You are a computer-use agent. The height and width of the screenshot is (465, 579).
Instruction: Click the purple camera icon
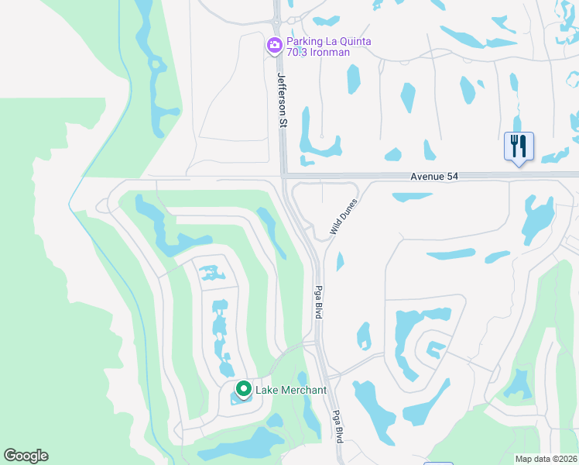(x=274, y=46)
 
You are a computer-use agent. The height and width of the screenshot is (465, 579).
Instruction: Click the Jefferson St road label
(x=281, y=96)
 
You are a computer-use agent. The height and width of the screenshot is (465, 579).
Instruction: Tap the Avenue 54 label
(x=434, y=177)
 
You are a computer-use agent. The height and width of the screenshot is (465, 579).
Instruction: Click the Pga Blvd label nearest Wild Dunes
(x=317, y=302)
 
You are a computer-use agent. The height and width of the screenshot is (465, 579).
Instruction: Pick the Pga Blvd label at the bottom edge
(x=337, y=426)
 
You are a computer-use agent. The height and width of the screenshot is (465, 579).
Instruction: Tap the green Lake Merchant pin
(x=243, y=389)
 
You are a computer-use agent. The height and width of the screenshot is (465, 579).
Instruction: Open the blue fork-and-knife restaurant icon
(x=519, y=146)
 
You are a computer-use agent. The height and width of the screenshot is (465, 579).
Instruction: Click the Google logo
(x=26, y=456)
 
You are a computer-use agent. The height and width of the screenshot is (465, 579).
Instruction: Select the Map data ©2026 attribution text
(x=546, y=459)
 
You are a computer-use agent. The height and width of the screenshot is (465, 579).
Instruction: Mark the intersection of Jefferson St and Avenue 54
(x=283, y=177)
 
